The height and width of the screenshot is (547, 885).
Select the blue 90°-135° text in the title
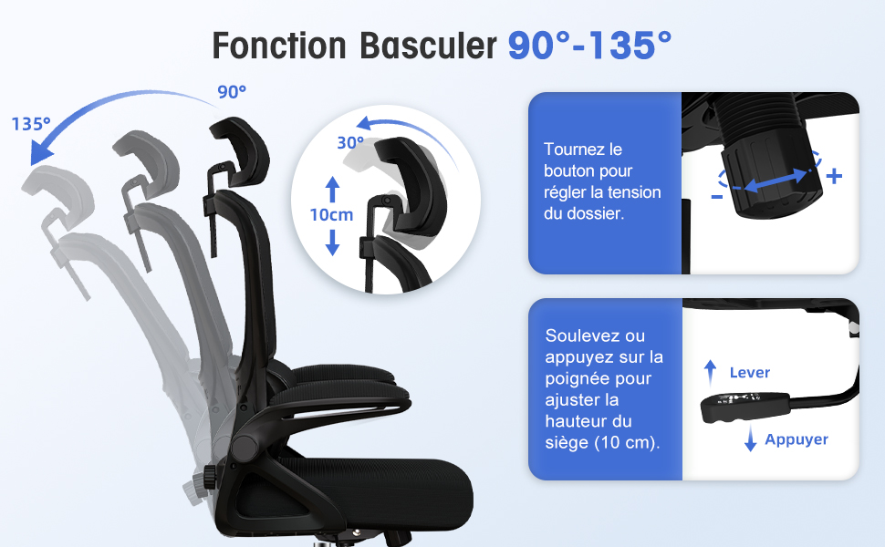589,45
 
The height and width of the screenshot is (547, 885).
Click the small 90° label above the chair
232,92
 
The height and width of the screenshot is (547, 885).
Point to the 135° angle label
31,123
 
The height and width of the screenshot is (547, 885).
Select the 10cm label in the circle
331,215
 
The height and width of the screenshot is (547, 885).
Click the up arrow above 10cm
332,189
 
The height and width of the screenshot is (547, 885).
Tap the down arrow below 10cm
332,243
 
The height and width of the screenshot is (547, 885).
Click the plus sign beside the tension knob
834,176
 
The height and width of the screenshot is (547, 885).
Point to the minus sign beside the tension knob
717,197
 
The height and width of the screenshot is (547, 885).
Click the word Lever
750,372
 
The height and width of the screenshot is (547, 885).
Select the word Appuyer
796,439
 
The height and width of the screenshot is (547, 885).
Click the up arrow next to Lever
710,373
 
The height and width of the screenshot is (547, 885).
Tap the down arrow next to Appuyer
750,439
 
